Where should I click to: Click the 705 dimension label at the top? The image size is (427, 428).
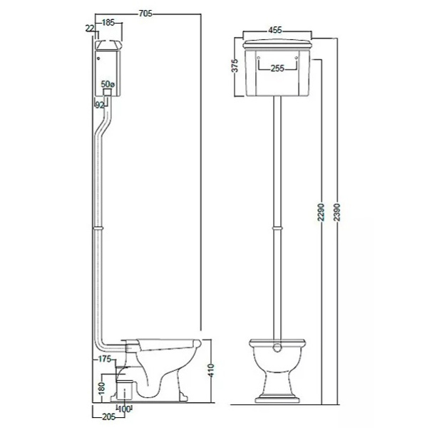click(x=145, y=14)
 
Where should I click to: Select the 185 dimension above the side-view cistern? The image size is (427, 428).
click(x=108, y=23)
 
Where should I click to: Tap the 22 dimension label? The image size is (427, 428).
click(x=90, y=28)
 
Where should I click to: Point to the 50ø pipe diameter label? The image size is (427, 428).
click(x=108, y=83)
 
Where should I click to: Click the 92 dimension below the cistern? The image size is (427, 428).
click(x=100, y=105)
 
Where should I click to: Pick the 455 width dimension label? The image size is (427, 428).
click(x=274, y=30)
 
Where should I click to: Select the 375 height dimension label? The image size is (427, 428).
click(x=235, y=66)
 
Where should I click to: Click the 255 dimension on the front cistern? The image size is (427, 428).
click(x=277, y=68)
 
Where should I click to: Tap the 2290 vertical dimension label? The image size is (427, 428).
click(x=321, y=212)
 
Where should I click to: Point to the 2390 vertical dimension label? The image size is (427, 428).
click(x=337, y=212)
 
